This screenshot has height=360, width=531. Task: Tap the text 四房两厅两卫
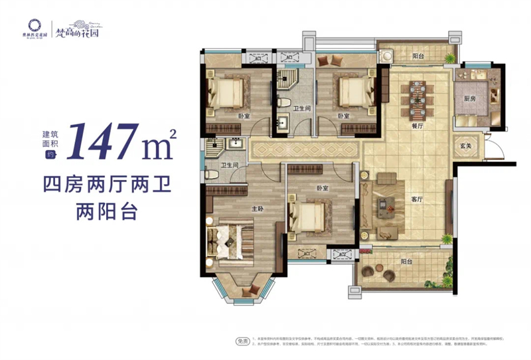click(x=107, y=183)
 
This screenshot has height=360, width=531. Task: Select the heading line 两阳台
click(x=107, y=211)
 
